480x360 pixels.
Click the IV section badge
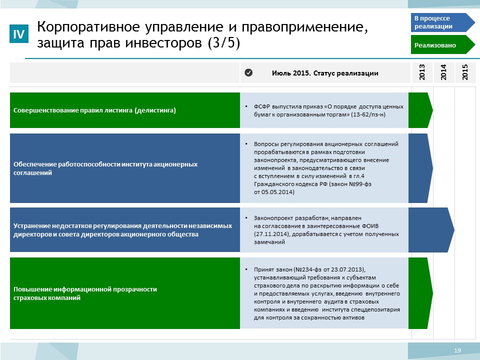point(19,33)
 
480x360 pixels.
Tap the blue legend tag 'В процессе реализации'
point(442,22)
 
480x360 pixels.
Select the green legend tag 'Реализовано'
point(442,44)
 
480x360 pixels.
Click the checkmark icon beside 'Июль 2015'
point(248,73)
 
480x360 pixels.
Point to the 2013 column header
point(422,72)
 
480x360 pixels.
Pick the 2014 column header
point(443,72)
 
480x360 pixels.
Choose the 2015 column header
point(465,72)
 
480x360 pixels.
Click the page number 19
point(457,350)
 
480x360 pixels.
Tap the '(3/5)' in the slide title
point(224,42)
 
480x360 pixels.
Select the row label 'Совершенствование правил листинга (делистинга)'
point(94,110)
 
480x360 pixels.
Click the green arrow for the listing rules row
point(420,110)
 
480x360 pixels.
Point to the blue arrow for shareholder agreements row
point(420,168)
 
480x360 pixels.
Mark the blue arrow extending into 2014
point(431,230)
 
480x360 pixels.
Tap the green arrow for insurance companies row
point(420,293)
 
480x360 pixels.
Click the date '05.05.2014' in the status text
point(277,192)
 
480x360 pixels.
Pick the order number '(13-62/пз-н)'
point(368,115)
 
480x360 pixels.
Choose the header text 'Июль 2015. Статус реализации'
point(325,73)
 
